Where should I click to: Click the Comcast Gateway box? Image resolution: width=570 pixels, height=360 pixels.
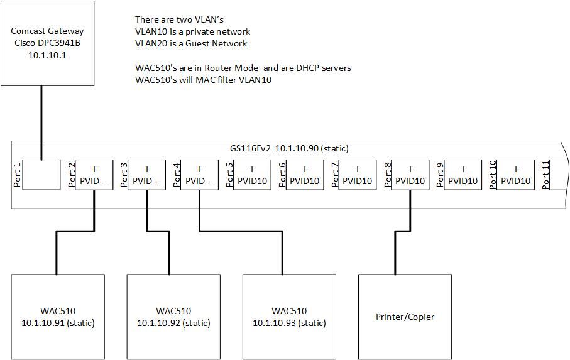tap(47, 43)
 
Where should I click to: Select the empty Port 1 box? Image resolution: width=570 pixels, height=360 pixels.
tap(41, 174)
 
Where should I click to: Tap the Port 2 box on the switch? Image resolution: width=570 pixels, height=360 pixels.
tap(94, 174)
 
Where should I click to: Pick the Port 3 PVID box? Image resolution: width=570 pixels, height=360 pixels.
tap(146, 174)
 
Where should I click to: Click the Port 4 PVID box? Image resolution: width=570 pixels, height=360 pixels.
tap(199, 174)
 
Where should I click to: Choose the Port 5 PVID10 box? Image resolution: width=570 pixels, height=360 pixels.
tap(252, 174)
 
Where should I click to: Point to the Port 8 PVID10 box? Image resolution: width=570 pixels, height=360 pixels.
tap(410, 174)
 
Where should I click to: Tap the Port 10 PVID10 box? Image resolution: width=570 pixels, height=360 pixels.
tap(516, 174)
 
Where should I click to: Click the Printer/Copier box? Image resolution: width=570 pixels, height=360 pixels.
tap(405, 317)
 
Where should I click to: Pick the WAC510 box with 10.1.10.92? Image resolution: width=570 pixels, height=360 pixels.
tap(173, 317)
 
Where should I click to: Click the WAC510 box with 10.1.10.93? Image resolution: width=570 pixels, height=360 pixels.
tap(289, 317)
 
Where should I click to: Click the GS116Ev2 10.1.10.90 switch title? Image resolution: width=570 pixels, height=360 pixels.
tap(289, 148)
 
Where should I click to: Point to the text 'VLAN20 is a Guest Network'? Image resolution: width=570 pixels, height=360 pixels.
tap(191, 43)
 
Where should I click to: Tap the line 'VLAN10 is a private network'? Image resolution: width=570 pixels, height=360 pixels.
tap(192, 31)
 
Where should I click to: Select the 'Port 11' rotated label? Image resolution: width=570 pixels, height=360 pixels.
tap(545, 174)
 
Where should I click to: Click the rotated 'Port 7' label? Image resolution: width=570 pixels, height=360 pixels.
tap(335, 174)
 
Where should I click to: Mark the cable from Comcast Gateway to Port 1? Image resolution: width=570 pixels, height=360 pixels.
tap(41, 119)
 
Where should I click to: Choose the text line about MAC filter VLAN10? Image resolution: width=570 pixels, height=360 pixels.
tap(204, 80)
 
